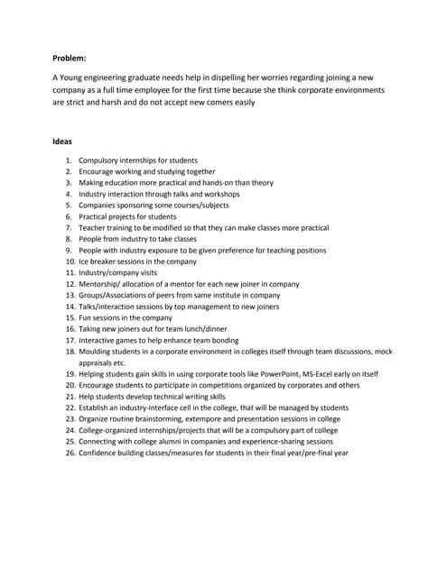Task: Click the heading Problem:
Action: (x=70, y=58)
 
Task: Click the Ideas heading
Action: (x=64, y=142)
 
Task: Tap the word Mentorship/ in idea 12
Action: (x=100, y=284)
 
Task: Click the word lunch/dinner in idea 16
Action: (x=204, y=329)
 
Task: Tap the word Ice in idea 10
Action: (x=84, y=261)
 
